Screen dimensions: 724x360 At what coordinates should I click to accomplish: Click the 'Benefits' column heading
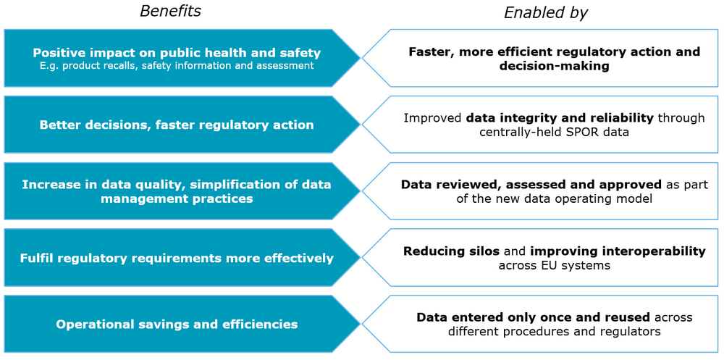click(x=171, y=11)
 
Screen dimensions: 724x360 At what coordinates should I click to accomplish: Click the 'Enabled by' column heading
click(x=545, y=13)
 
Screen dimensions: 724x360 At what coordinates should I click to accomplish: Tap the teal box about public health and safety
click(x=182, y=58)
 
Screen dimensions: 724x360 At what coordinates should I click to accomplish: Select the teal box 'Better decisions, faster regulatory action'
click(x=182, y=125)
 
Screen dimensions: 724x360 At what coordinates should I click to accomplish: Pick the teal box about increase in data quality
click(x=182, y=191)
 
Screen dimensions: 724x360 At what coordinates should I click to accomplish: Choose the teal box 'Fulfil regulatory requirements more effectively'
click(x=182, y=257)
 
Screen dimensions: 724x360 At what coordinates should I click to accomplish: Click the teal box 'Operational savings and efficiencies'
click(x=182, y=324)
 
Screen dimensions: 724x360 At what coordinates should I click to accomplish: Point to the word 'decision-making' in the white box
click(x=554, y=67)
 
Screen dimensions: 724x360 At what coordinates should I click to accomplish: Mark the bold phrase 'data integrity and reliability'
click(x=560, y=119)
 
